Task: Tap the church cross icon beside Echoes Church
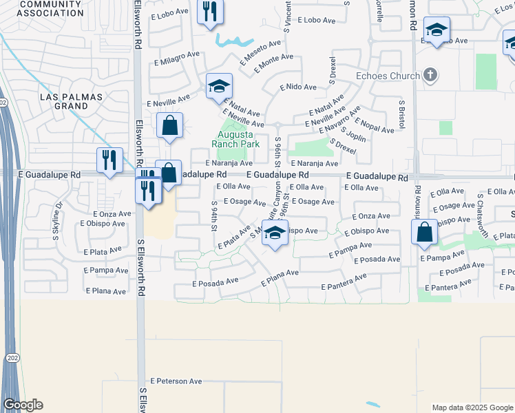430,74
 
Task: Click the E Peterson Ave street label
176,381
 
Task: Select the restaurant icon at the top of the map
210,12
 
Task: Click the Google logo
23,405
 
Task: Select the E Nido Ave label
298,87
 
